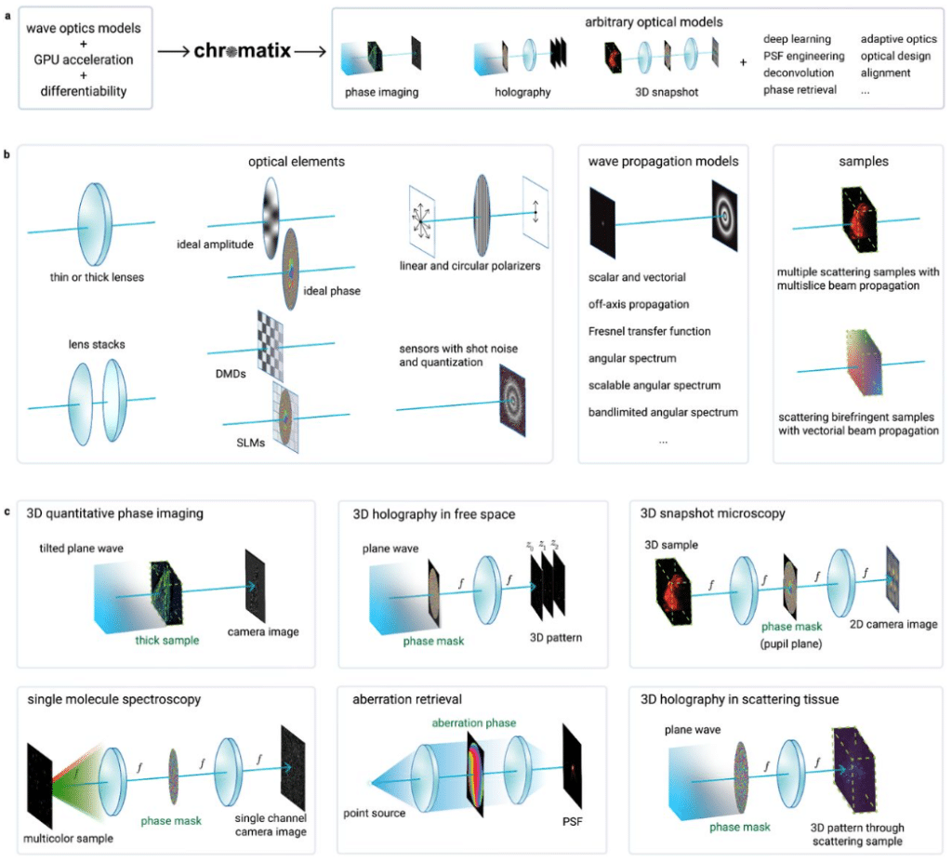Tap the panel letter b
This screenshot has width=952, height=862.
pyautogui.click(x=8, y=152)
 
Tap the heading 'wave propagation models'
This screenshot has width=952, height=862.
pyautogui.click(x=663, y=161)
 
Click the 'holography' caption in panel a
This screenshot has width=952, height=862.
pyautogui.click(x=524, y=92)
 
